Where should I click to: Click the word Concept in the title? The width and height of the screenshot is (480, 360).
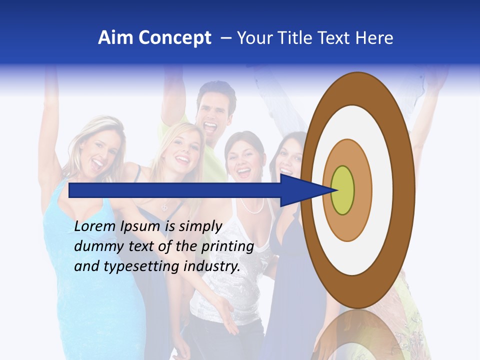pyautogui.click(x=174, y=38)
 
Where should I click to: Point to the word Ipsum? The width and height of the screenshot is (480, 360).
pyautogui.click(x=140, y=227)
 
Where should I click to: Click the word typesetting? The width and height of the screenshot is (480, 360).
pyautogui.click(x=141, y=267)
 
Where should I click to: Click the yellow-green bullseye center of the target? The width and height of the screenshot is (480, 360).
pyautogui.click(x=343, y=190)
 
